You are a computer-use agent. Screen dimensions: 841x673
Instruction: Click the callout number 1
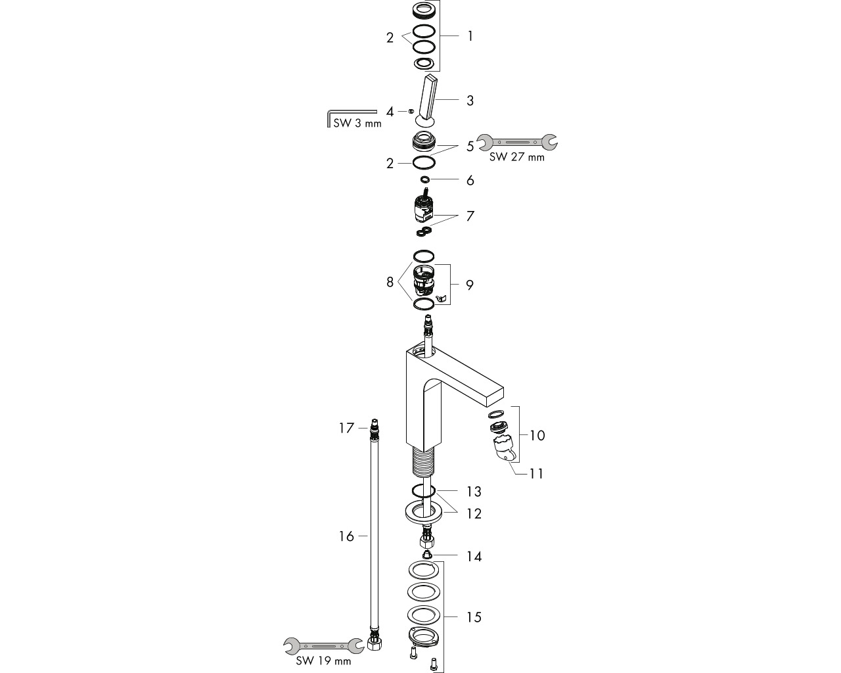470,36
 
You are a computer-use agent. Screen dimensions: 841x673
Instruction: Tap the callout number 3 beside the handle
470,101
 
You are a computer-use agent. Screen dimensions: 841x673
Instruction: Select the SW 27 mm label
516,157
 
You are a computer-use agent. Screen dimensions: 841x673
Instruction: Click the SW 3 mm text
357,124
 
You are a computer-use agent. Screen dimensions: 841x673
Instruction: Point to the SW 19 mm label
323,661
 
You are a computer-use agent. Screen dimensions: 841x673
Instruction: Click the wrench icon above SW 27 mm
517,143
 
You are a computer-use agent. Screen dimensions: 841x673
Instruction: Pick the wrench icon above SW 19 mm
323,646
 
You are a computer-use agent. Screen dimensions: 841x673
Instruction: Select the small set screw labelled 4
411,112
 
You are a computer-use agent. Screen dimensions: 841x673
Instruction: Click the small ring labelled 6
425,179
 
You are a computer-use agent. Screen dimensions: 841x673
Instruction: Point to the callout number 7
470,216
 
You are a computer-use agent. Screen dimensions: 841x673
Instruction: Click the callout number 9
470,285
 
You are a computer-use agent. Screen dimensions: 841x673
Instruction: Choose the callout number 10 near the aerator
537,435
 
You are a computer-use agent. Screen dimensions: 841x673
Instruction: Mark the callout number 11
536,474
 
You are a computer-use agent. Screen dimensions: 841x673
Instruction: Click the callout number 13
474,492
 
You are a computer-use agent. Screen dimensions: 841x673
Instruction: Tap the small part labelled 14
427,554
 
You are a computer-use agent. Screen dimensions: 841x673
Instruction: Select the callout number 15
474,618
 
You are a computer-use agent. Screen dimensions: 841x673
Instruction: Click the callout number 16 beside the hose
346,536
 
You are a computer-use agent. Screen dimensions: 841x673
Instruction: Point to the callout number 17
346,429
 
